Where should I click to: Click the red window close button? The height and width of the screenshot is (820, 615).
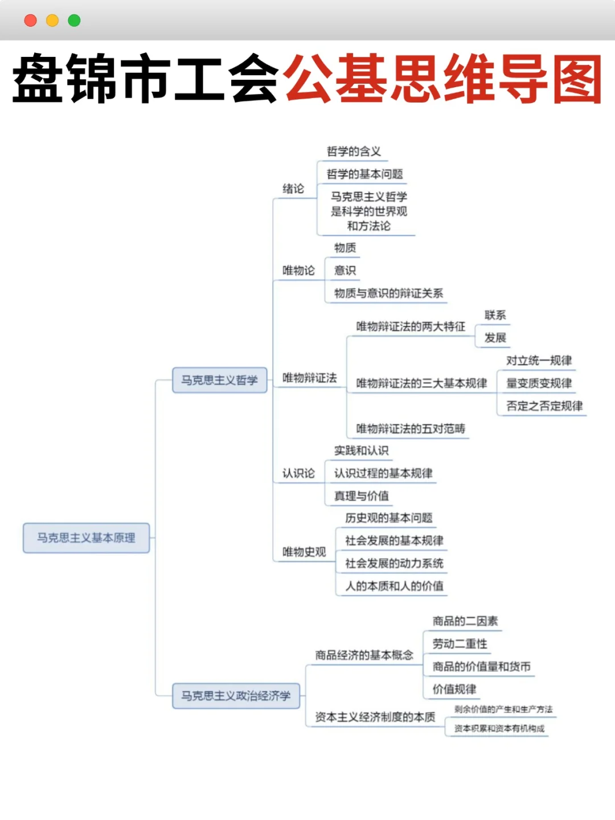(x=31, y=20)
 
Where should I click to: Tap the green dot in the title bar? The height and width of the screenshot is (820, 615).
(x=74, y=20)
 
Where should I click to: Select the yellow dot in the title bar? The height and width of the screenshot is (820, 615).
(x=52, y=20)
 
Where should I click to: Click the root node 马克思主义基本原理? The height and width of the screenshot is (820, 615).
(x=86, y=538)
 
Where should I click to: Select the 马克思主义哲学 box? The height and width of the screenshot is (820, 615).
(x=219, y=380)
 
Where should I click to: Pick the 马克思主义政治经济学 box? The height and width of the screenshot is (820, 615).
(x=236, y=695)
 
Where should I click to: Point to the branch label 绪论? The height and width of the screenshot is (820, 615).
(x=293, y=188)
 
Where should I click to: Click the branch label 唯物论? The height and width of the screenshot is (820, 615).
(x=298, y=270)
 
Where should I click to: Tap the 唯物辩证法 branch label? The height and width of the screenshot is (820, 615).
(x=309, y=378)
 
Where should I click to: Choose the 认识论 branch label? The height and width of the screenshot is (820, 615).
(x=298, y=473)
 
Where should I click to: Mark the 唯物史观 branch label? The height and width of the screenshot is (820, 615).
(x=304, y=552)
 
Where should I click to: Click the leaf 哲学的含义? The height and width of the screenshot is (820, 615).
(x=354, y=151)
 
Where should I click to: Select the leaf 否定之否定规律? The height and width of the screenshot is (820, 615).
(x=544, y=406)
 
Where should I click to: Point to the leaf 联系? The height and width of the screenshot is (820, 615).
(x=495, y=315)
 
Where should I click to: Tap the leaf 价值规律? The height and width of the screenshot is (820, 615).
(x=454, y=689)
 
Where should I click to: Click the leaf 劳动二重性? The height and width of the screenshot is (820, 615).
(x=460, y=643)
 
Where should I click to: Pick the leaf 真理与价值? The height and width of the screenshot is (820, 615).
(x=362, y=496)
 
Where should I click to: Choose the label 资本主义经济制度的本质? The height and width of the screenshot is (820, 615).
(x=375, y=717)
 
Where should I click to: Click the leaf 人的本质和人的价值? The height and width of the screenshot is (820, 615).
(x=394, y=586)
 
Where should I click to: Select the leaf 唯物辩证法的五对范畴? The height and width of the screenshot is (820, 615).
(x=411, y=428)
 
